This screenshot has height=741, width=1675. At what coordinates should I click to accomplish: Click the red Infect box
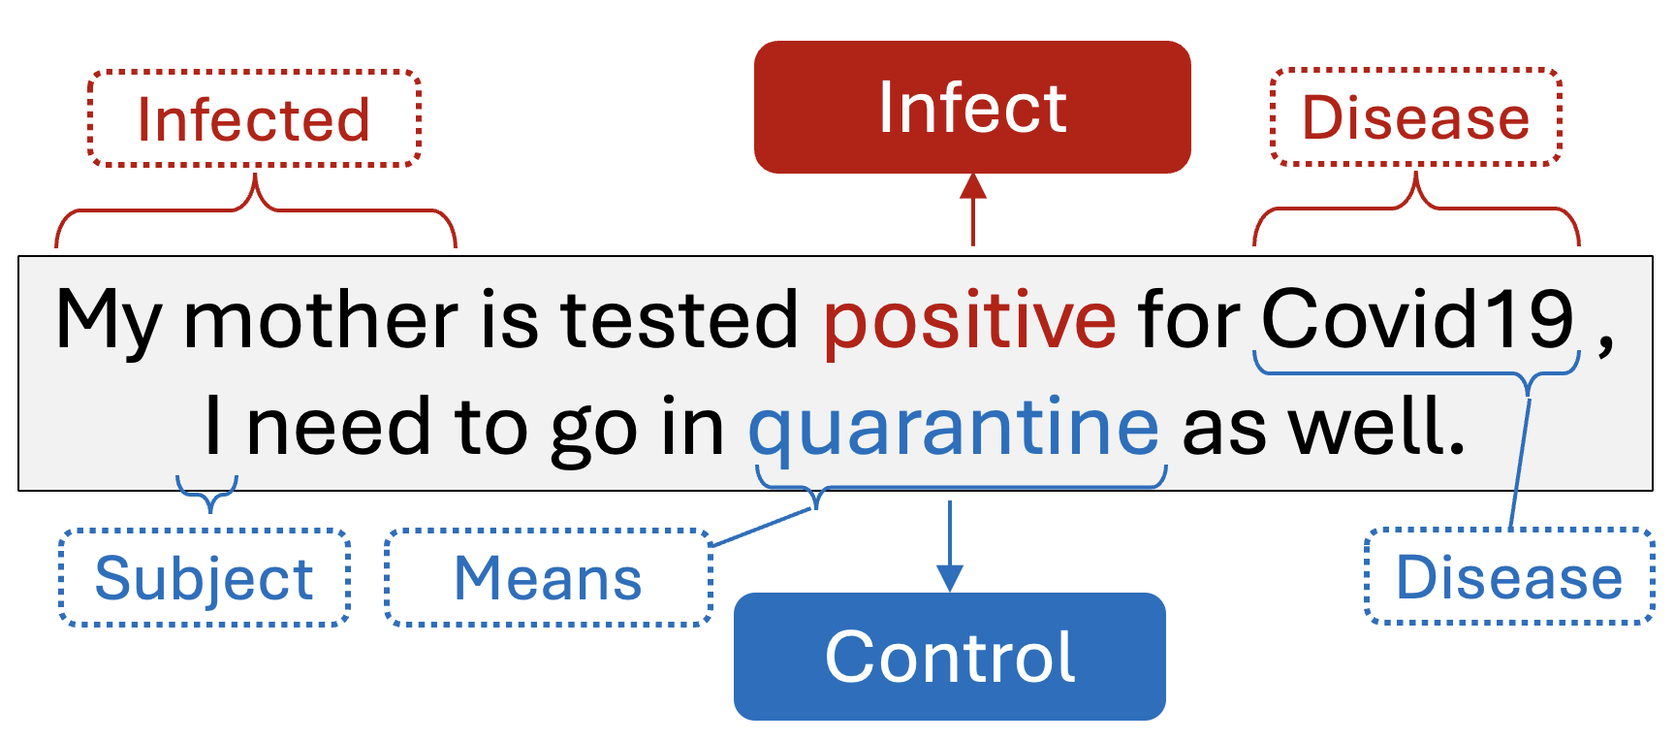point(971,108)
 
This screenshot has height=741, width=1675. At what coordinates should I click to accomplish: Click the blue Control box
point(949,657)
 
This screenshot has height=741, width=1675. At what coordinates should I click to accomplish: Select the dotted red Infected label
point(254,119)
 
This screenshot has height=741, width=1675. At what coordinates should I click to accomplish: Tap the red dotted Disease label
point(1415,117)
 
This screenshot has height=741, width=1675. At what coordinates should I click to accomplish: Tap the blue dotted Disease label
point(1508,578)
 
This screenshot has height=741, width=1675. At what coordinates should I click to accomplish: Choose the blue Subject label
point(204,578)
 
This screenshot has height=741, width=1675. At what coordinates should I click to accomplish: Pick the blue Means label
point(548,578)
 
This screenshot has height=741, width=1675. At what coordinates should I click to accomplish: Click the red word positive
point(969,320)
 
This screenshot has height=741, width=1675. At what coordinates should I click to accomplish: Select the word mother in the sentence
point(320,320)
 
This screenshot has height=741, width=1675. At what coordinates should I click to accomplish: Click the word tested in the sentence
point(679,320)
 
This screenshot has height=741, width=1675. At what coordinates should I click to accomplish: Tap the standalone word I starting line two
point(213,427)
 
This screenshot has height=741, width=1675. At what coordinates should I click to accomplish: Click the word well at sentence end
point(1376,427)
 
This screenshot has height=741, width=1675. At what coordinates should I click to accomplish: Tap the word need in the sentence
point(337,427)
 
